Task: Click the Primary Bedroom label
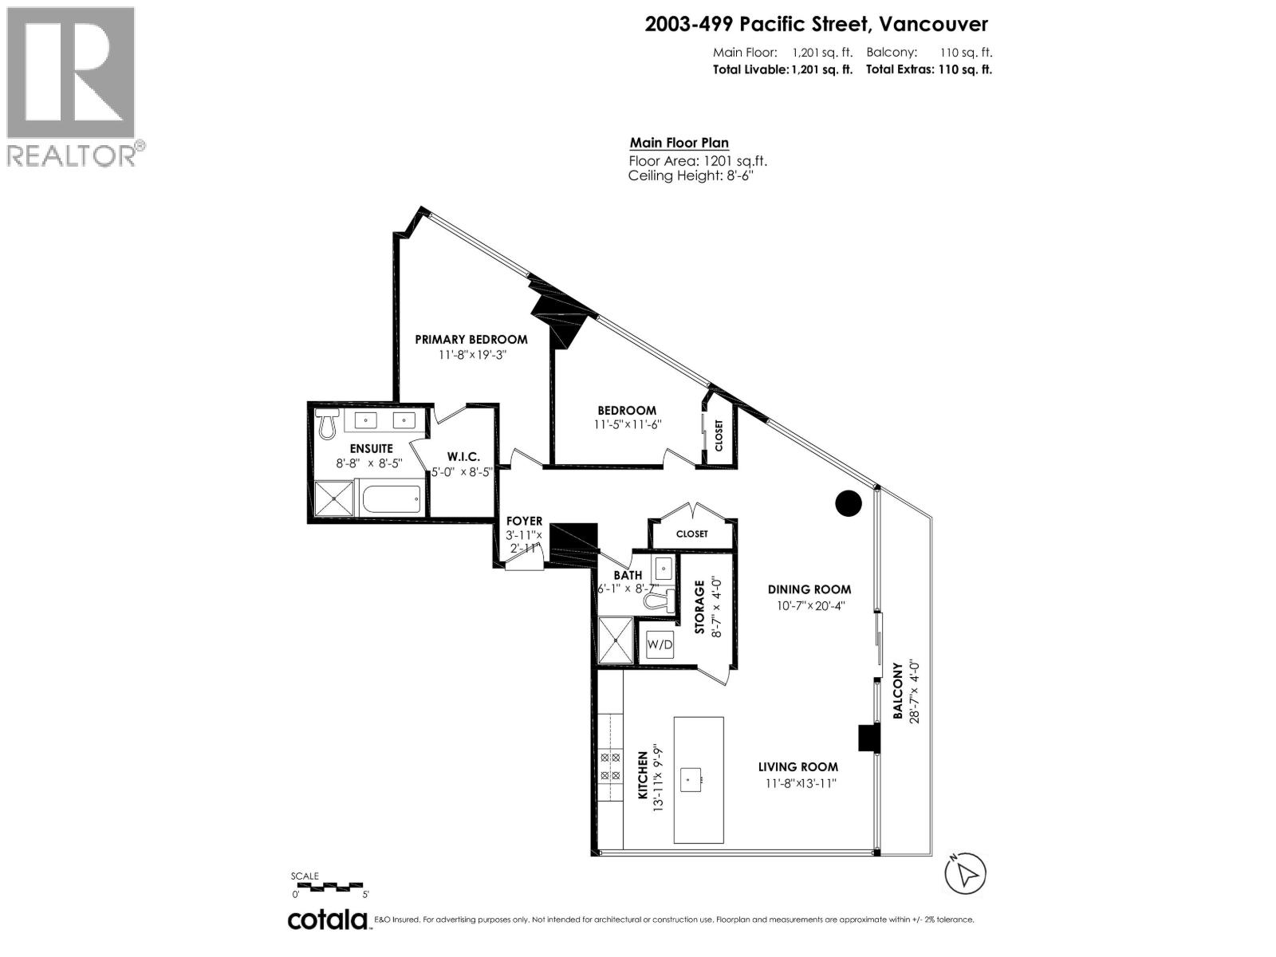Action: [471, 339]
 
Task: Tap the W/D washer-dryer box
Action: [660, 644]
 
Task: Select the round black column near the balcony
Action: [849, 503]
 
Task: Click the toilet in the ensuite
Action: [326, 426]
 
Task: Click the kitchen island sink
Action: [691, 778]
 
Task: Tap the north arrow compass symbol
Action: [966, 875]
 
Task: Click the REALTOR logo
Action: [72, 86]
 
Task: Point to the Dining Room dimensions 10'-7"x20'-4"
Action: [809, 605]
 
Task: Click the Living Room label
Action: [797, 767]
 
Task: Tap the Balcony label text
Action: [897, 691]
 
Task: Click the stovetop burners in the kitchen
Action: [610, 766]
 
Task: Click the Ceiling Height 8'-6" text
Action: [691, 175]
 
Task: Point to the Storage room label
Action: [699, 608]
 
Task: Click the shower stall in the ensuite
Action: [333, 500]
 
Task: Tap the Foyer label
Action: [524, 522]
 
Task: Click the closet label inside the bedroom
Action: [719, 436]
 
